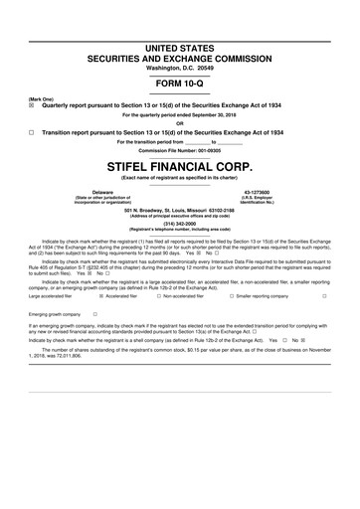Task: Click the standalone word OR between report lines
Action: click(180, 123)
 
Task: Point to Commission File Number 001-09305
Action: click(180, 150)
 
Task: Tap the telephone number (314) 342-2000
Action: click(180, 224)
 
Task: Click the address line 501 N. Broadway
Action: click(180, 210)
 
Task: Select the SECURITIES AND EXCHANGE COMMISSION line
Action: click(180, 58)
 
